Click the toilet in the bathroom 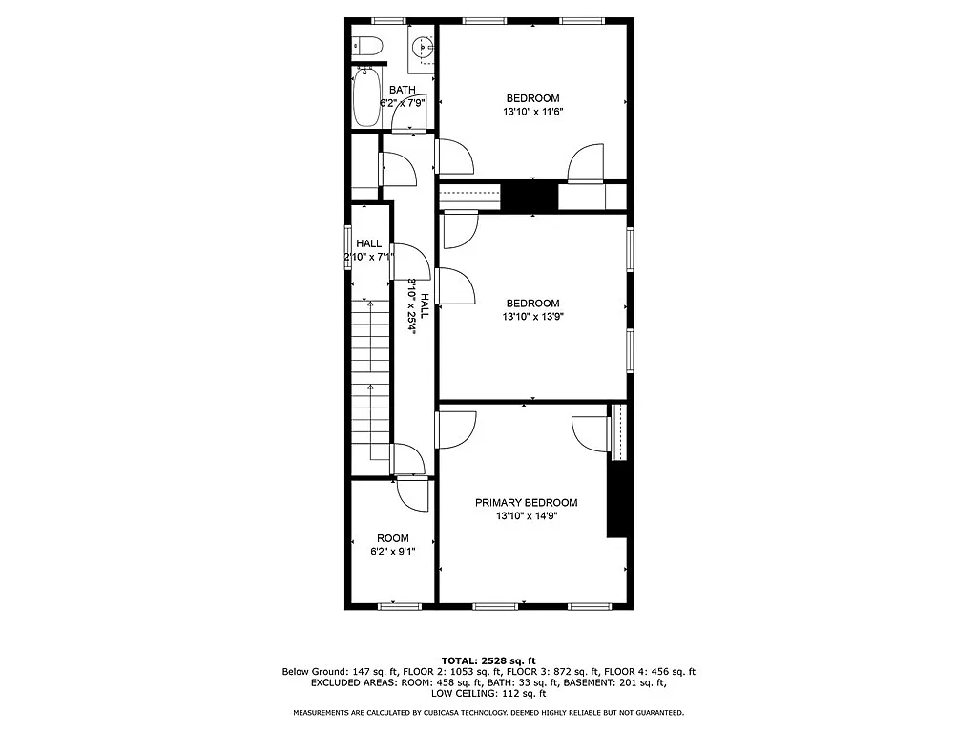click(366, 44)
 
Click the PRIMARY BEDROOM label click(526, 503)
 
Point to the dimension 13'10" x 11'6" click(532, 112)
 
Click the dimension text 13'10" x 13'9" click(532, 317)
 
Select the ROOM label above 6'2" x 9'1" click(392, 538)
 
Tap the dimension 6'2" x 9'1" click(392, 552)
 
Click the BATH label click(402, 90)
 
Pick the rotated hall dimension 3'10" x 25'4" click(412, 305)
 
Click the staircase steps click(368, 382)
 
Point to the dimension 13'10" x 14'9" click(526, 516)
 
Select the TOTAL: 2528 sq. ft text click(488, 660)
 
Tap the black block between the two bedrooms click(530, 196)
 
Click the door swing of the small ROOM click(413, 494)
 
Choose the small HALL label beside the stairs click(368, 243)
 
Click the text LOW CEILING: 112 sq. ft click(488, 694)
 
